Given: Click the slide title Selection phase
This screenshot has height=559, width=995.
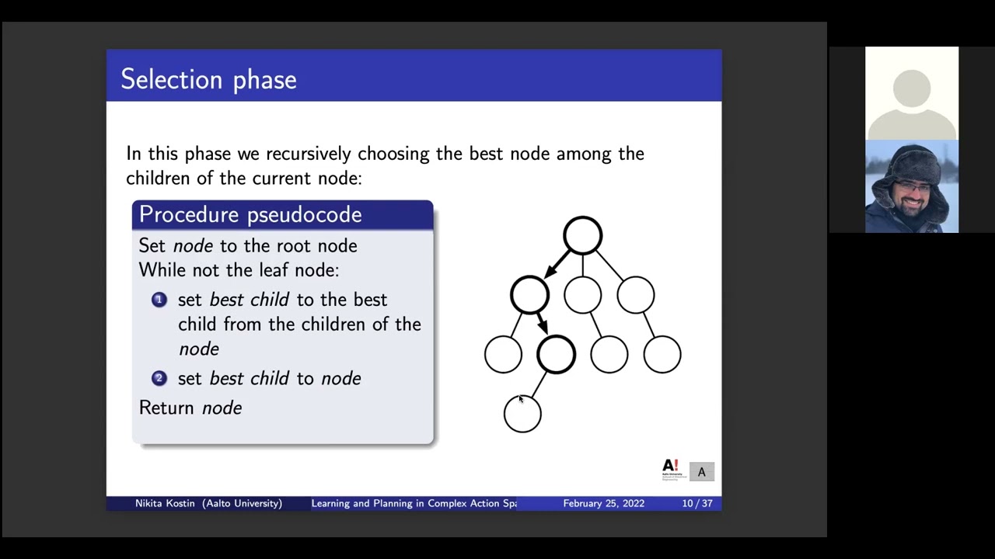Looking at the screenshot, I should tap(208, 79).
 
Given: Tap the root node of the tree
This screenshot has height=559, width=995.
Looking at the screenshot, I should tap(582, 235).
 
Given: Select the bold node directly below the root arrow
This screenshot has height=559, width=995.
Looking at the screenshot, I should tap(529, 295).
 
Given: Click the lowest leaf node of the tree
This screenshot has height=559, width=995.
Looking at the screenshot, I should tap(522, 414).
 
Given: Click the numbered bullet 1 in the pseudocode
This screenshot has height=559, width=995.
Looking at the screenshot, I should tap(159, 300).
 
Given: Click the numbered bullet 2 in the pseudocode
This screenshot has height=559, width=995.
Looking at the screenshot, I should tap(159, 378).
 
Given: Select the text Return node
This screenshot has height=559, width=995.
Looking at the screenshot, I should tap(190, 408).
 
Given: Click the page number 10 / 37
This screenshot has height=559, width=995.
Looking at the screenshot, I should tap(696, 503).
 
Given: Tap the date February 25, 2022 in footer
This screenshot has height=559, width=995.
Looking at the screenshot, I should tap(603, 503).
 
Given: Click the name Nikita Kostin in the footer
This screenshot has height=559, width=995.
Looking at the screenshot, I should tap(166, 503).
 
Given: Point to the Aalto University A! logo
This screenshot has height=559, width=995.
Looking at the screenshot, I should tap(670, 469).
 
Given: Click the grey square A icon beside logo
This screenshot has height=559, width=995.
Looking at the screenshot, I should tap(701, 472).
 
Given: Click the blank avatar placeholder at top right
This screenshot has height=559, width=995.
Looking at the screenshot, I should tap(912, 93).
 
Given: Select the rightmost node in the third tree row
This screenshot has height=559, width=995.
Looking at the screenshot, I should tap(662, 355).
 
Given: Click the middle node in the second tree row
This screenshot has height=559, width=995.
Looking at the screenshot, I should tap(582, 295).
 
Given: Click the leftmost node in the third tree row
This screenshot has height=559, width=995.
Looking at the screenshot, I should tap(503, 355).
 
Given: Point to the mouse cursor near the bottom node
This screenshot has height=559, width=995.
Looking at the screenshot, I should tap(521, 399).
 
